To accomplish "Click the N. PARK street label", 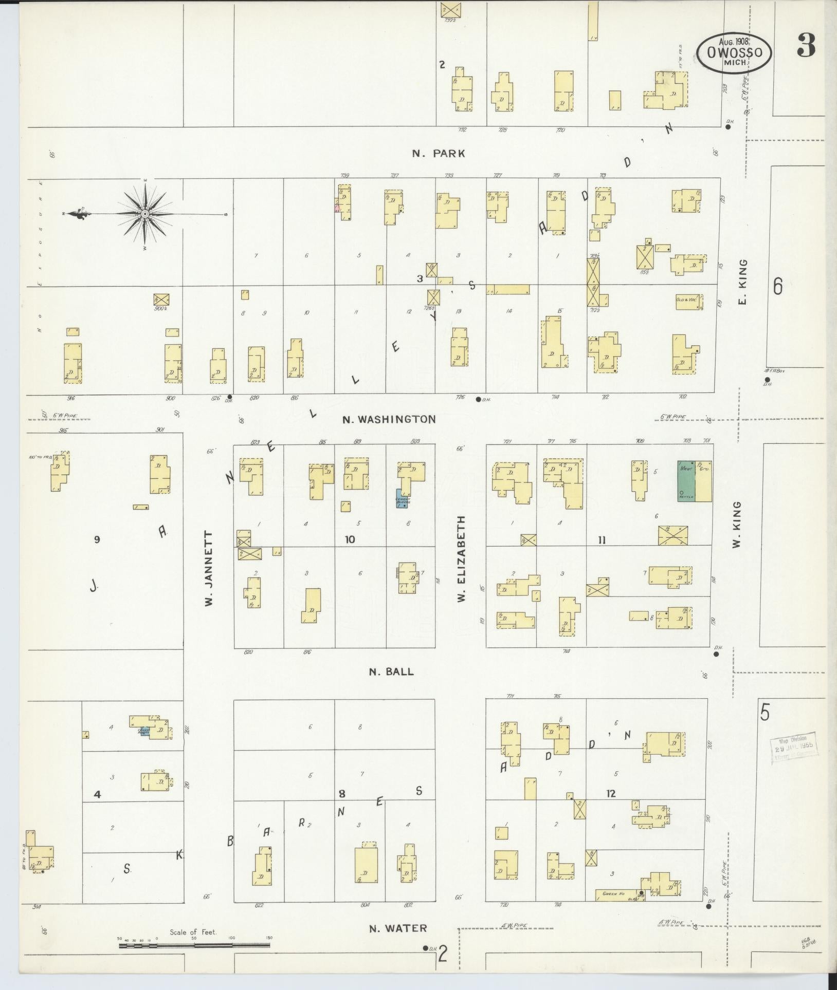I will point(439,153).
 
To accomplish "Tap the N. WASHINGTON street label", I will point(389,419).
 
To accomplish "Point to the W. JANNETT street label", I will point(209,569).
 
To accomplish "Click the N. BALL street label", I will point(391,671).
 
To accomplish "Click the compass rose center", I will point(145,214).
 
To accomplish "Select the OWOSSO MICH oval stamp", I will point(734,52).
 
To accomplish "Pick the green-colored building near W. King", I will point(686,481).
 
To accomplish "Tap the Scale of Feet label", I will point(193,932).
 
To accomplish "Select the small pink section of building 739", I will point(337,208).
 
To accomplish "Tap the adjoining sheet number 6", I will point(777,286).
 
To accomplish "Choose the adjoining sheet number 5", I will point(765,714).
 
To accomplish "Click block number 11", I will point(602,540).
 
